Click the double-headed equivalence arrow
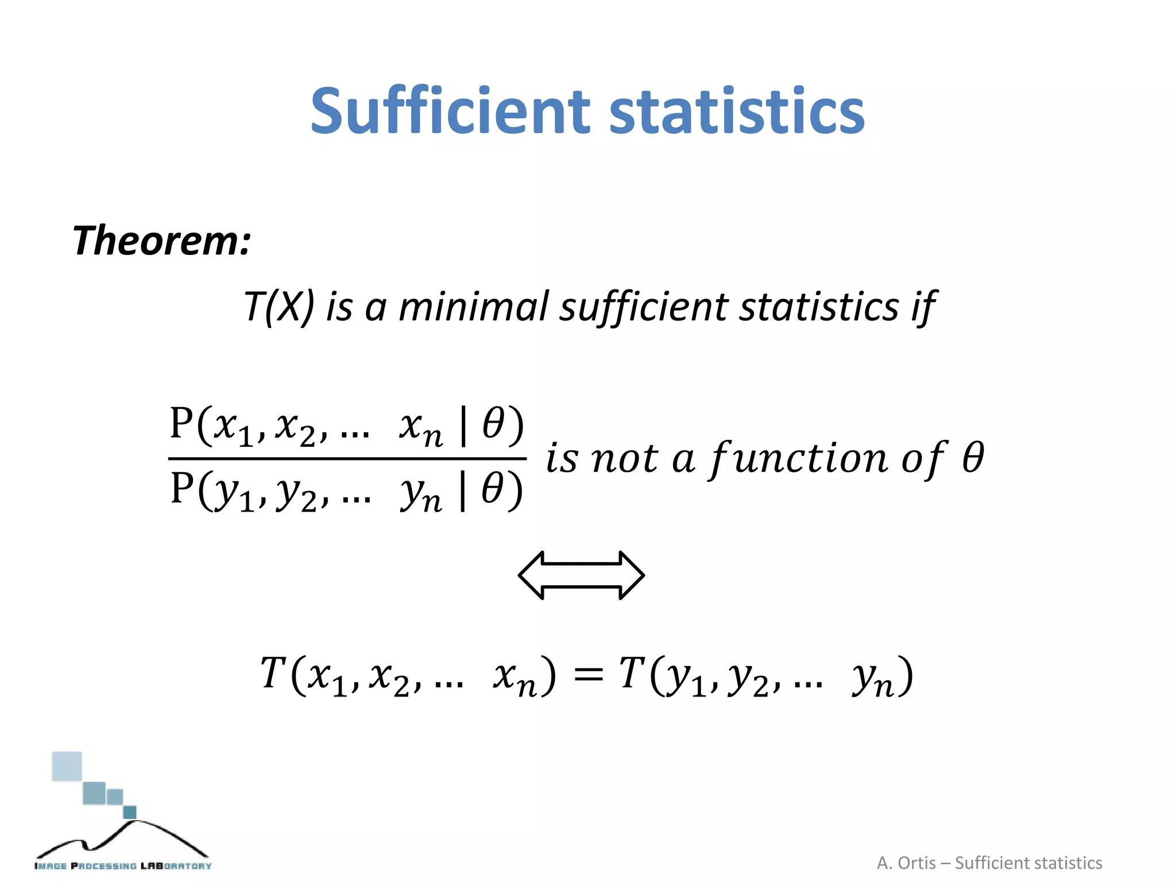[x=581, y=575]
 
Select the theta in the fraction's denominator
[x=493, y=489]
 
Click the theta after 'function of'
[x=973, y=458]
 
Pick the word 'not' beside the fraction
[x=624, y=459]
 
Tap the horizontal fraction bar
[x=347, y=459]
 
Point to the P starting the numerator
[x=181, y=424]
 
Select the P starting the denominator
[x=182, y=489]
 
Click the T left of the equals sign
[x=273, y=673]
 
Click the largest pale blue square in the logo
[x=67, y=767]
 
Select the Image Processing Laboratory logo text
[x=123, y=866]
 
